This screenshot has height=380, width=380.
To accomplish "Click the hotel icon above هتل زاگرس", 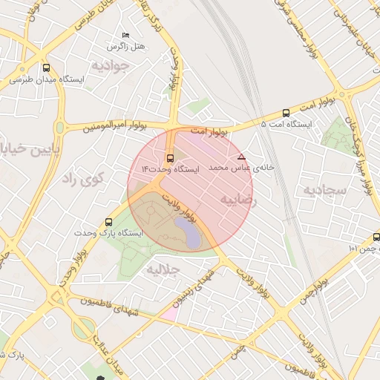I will pos(125,36).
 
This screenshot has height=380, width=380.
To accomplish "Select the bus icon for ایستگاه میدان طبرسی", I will pos(47,68).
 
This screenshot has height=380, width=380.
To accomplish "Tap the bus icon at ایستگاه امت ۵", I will pos(286,113).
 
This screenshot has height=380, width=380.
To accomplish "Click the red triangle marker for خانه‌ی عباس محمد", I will pos(240,157).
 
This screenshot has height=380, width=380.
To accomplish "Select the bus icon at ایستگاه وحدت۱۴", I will pos(171,158).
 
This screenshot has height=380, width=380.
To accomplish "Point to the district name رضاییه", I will pos(238,200).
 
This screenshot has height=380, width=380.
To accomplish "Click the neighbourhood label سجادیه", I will pos(324,190).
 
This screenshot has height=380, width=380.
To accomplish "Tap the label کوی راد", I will pos(82,178).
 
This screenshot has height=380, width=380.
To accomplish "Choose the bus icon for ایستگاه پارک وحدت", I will pos(110,221).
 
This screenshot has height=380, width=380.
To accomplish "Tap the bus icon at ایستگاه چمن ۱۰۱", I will pos(376,237).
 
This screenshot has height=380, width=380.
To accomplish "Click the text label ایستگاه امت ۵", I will pos(286,124).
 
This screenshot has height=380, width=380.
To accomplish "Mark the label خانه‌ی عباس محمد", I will pos(241,168).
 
